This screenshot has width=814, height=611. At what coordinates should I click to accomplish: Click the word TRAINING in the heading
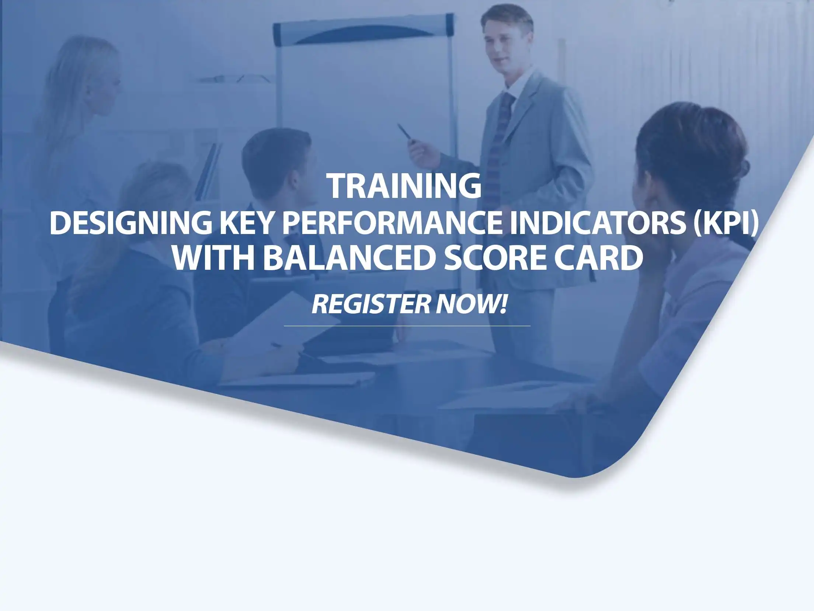[x=404, y=186]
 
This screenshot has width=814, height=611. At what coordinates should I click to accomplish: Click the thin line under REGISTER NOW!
[x=407, y=326]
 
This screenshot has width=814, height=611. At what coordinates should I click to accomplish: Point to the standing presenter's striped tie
[x=498, y=147]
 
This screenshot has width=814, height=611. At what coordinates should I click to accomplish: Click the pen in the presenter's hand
[x=404, y=132]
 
